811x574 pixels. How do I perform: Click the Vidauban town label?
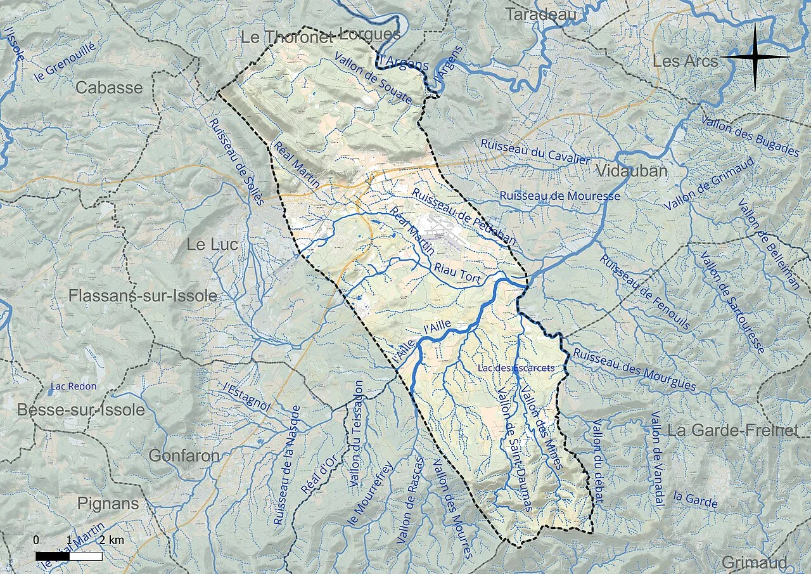[x=632, y=171]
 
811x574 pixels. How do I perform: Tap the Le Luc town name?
[x=212, y=245]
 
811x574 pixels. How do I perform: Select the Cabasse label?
[x=109, y=88]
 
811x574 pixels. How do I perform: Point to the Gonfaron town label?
[x=184, y=455]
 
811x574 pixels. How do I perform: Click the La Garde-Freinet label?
[x=732, y=431]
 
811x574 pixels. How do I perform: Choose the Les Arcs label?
[x=685, y=62]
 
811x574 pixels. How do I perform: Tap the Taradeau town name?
[x=540, y=14]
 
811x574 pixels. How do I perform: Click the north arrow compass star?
[x=755, y=57]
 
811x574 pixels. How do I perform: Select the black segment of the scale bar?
[x=52, y=556]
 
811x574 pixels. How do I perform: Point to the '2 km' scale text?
[x=110, y=540]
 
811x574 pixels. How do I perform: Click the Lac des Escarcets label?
[x=517, y=368]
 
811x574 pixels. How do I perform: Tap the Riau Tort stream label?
[x=458, y=273]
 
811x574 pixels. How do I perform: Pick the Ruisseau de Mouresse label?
[x=559, y=196]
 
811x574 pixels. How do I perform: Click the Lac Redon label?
[x=73, y=386]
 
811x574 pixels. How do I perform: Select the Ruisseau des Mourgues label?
[x=634, y=370]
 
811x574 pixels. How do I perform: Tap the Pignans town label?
[x=108, y=504]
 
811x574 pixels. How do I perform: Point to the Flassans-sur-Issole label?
[x=143, y=296]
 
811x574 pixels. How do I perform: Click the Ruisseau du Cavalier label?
[x=535, y=152]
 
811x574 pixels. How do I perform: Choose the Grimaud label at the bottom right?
[x=754, y=563]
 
